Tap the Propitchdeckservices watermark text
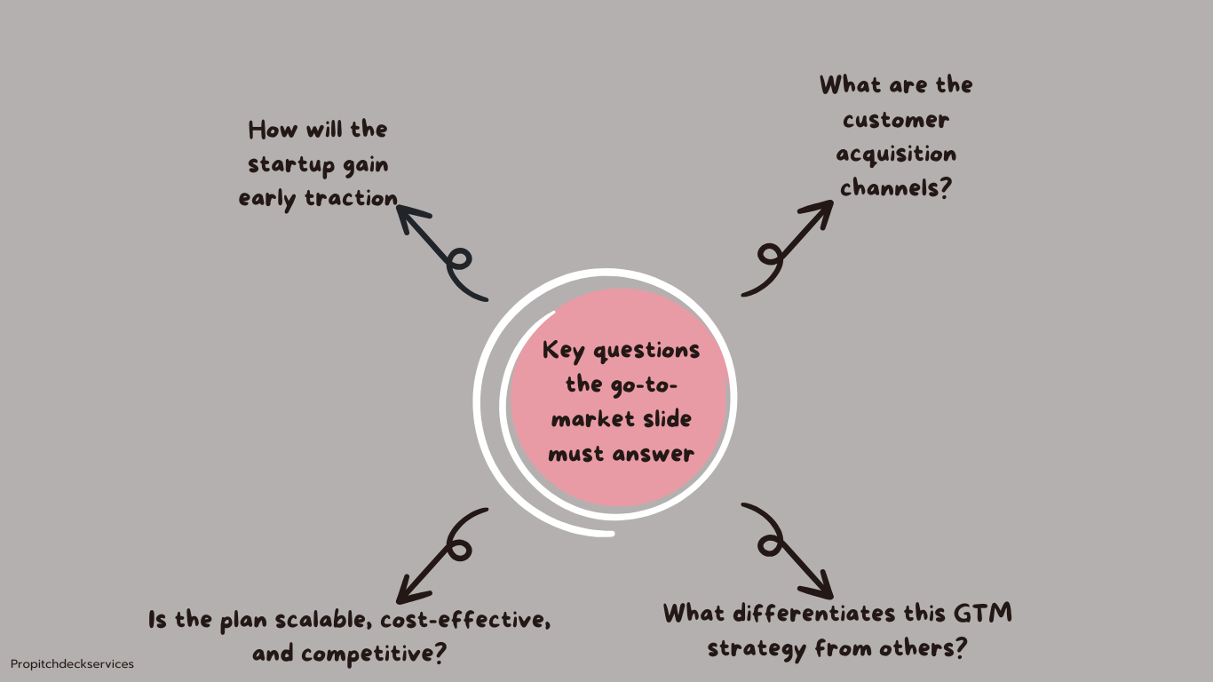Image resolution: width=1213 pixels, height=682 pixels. pos(72,664)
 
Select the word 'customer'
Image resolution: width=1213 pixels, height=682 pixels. pos(896,120)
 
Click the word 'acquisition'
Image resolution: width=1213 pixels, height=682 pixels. pos(896,155)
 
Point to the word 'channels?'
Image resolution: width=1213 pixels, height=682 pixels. pos(896,188)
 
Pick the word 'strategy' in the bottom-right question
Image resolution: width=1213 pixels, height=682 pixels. pos(757,648)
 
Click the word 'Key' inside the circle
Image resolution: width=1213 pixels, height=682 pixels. pos(564,350)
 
